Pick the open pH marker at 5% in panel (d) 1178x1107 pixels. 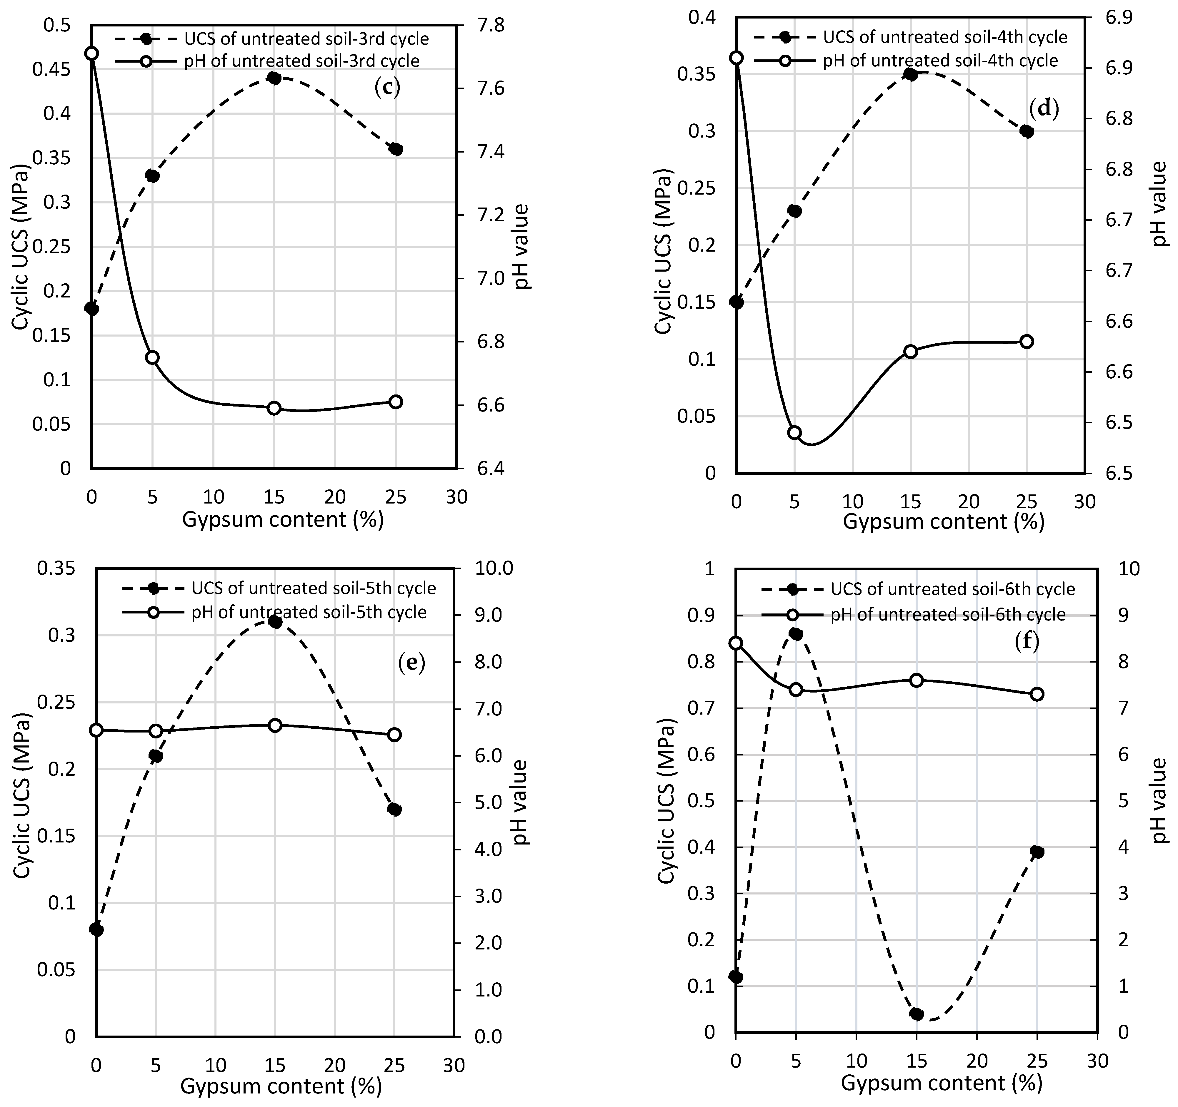click(x=795, y=432)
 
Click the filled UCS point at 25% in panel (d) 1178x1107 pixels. click(x=1027, y=131)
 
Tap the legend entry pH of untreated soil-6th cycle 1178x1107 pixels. click(x=948, y=615)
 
